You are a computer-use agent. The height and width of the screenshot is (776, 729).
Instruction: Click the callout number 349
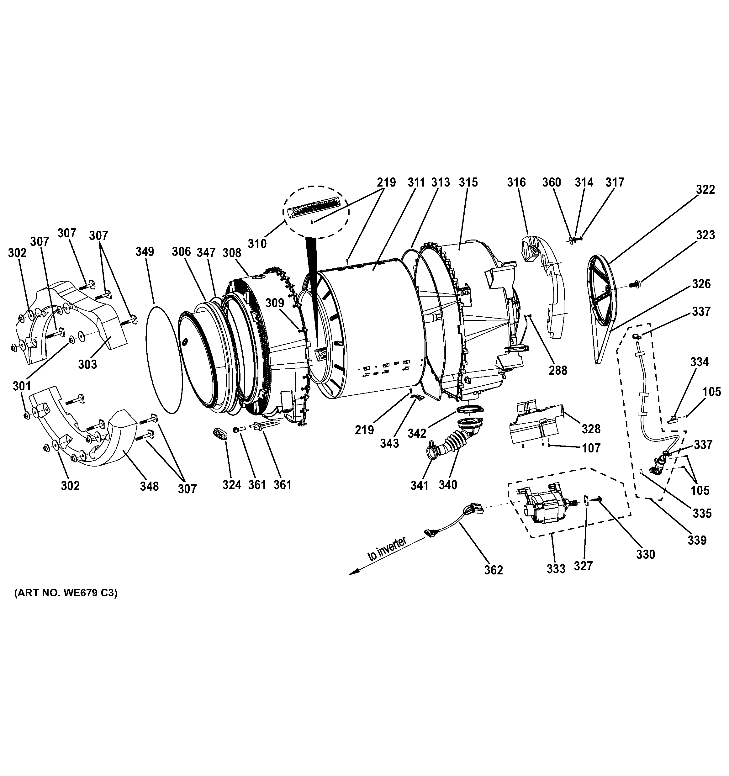click(145, 251)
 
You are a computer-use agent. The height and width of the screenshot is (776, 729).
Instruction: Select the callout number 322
click(705, 189)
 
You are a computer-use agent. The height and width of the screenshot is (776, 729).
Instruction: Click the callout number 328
click(591, 429)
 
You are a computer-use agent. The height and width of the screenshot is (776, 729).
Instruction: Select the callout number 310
click(257, 244)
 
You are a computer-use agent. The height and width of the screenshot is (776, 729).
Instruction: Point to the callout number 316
click(516, 182)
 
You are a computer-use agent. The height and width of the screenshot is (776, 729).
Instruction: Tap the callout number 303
click(87, 364)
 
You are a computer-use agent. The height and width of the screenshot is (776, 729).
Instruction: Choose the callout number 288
click(558, 370)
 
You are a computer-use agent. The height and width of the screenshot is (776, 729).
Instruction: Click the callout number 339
click(697, 540)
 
